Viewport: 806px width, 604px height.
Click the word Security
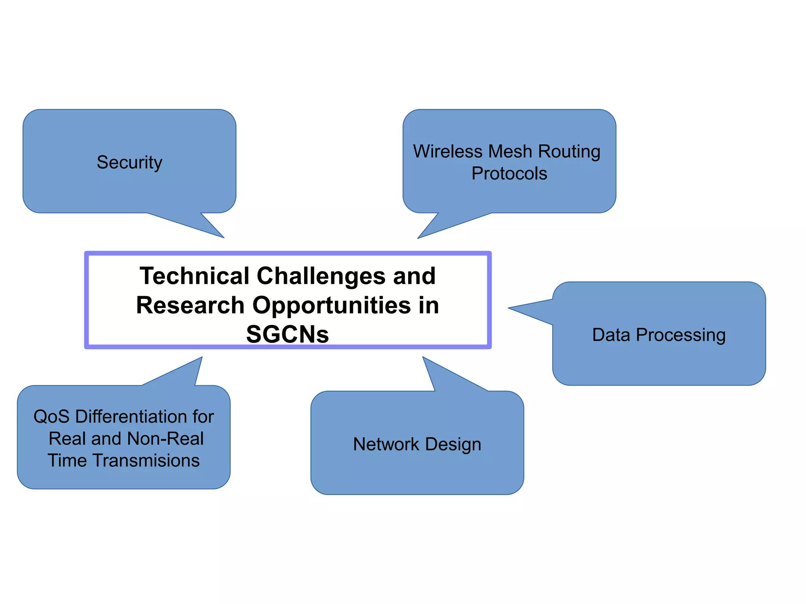(129, 162)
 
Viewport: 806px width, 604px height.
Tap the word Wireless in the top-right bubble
(447, 151)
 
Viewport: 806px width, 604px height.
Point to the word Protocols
(509, 174)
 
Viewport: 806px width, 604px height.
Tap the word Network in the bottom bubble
(386, 444)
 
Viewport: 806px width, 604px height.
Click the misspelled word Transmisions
(146, 461)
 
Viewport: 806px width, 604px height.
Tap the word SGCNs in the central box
(288, 335)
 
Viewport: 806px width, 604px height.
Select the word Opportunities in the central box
(332, 306)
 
